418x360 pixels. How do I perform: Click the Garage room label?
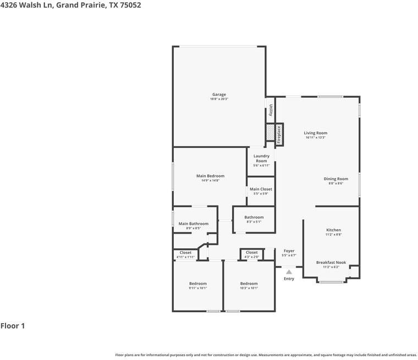(219, 95)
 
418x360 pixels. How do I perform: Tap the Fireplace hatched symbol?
(270, 134)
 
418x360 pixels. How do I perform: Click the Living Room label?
(316, 133)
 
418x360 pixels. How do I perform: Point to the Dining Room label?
(335, 179)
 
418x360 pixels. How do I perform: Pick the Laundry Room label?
(261, 158)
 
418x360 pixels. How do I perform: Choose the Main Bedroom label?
(210, 176)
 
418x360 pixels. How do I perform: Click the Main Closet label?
(261, 189)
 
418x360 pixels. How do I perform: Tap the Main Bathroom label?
(194, 224)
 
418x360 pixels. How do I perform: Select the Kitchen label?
(333, 230)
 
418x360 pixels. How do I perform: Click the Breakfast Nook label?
(331, 263)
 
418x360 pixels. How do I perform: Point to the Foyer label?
(289, 251)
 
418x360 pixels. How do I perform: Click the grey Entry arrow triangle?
(289, 272)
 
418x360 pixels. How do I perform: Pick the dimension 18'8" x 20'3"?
(219, 99)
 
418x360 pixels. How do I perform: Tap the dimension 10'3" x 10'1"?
(249, 288)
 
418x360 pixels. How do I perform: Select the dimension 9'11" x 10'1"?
(198, 288)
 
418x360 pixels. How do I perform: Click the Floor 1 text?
(13, 326)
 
